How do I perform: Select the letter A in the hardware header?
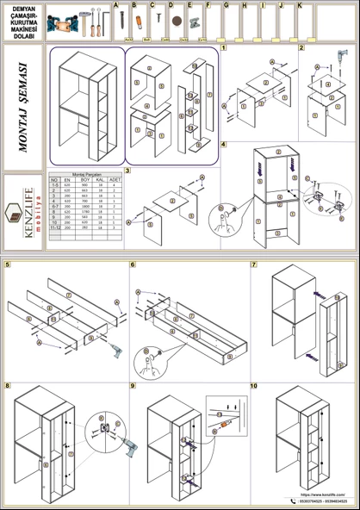(117, 5)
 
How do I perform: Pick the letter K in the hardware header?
(299, 5)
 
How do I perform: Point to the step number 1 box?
(224, 47)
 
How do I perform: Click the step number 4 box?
(224, 144)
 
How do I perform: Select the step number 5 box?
(8, 264)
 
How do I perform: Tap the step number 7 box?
(254, 264)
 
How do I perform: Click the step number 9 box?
(133, 386)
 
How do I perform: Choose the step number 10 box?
(254, 386)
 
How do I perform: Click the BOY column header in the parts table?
(85, 179)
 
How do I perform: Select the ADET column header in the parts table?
(115, 179)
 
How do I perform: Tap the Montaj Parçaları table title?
(85, 173)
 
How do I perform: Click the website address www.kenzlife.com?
(323, 494)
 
